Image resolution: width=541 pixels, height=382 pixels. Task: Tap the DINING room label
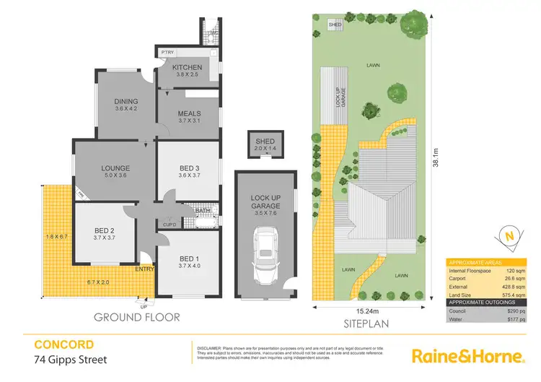[x=126, y=102]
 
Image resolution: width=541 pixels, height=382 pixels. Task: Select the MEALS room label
[x=189, y=113]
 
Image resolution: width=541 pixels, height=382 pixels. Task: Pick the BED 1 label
[x=188, y=260]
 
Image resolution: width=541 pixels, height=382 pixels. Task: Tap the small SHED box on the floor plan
[x=265, y=144]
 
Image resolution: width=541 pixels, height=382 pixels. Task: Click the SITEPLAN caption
[x=368, y=324]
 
